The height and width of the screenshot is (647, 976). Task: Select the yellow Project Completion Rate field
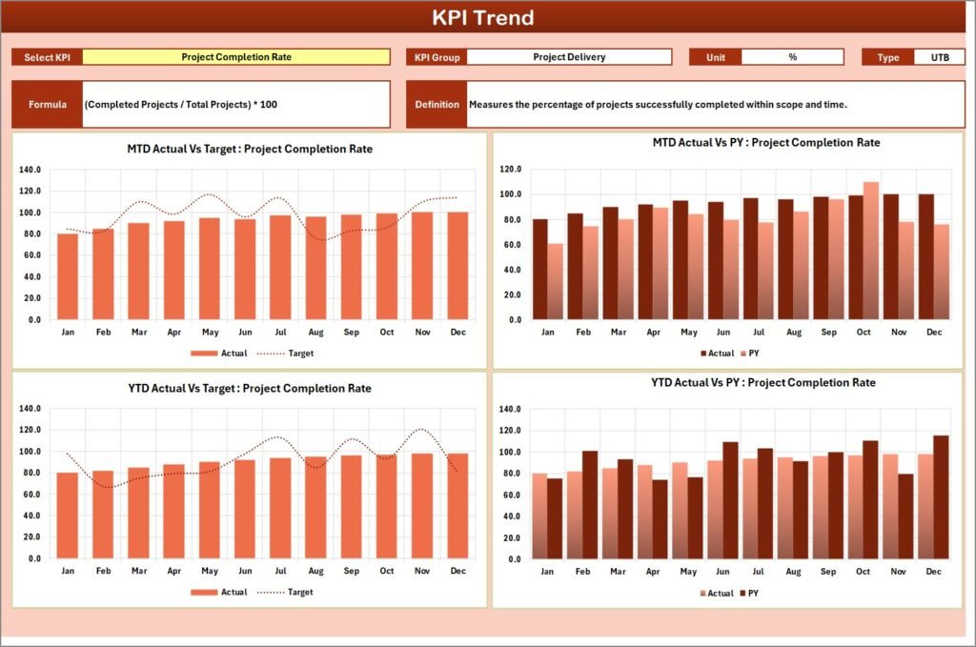coord(236,57)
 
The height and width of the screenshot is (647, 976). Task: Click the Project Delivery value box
coord(569,57)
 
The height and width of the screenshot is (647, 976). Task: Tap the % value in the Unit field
coord(792,57)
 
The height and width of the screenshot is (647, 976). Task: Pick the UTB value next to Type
coord(939,57)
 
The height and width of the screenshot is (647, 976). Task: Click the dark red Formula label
coord(48,104)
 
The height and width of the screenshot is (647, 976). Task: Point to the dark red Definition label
coord(437,104)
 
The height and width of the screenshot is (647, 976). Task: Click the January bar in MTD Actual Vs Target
coord(68,276)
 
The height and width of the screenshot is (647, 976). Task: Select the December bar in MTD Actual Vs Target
coord(457,266)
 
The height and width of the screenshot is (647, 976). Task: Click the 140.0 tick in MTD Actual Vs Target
coord(30,170)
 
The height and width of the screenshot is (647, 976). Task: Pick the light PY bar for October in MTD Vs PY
coord(870,251)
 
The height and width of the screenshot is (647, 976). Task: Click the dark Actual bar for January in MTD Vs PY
coord(540,270)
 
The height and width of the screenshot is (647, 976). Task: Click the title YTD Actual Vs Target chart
coord(249,389)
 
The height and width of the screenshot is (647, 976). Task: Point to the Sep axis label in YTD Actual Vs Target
coord(352,571)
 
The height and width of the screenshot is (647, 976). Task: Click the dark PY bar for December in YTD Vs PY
coord(941,496)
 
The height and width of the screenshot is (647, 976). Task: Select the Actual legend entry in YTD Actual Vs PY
coord(714,594)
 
